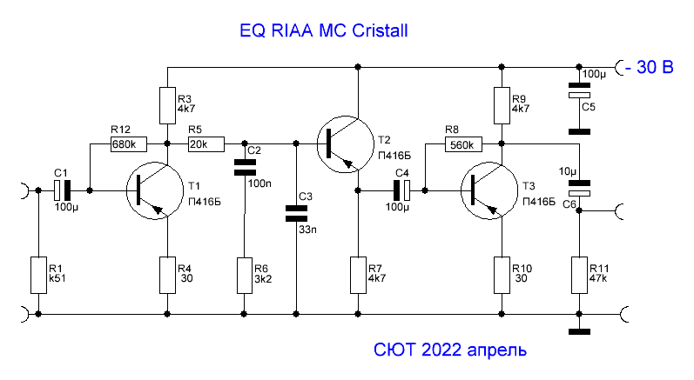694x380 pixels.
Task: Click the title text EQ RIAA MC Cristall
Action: click(324, 31)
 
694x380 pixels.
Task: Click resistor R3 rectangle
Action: click(167, 105)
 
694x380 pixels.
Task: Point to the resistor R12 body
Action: click(128, 143)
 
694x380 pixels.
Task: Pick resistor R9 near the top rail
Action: click(501, 105)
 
